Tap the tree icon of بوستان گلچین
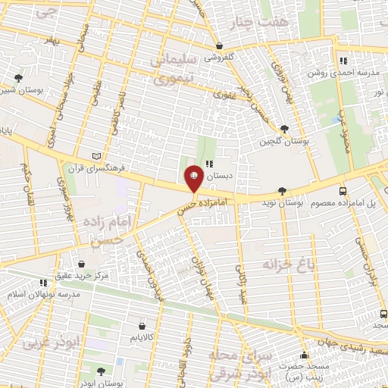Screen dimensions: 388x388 point(284,130)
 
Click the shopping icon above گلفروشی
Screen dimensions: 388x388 point(219,45)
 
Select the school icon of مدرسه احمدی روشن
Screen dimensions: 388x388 point(343,61)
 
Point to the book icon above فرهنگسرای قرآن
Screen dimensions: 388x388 point(95,155)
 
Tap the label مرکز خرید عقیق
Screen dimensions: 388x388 point(82,276)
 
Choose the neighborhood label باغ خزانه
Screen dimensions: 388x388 point(287,264)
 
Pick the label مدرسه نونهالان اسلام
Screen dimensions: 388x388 point(44,293)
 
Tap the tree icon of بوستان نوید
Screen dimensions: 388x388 point(282,191)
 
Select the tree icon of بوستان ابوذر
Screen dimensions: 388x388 point(102,371)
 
